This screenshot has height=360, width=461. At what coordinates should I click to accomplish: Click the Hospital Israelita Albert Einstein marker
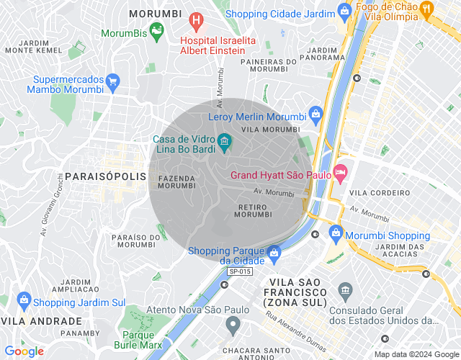pos(194,21)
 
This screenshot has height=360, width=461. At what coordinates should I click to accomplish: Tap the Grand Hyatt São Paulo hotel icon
pos(340,173)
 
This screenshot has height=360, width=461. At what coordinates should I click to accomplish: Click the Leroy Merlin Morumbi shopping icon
pos(315,114)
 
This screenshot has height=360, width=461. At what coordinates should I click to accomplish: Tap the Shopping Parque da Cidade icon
pos(274,252)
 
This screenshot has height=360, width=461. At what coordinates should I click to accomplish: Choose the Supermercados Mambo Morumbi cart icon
pos(112,81)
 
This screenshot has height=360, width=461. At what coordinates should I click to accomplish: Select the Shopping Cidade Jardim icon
pos(345,11)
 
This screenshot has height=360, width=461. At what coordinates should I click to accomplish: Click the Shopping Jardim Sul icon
pos(23,300)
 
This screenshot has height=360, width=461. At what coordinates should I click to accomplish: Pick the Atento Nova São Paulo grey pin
pos(232,325)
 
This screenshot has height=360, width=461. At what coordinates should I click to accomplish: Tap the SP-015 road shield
pos(240,271)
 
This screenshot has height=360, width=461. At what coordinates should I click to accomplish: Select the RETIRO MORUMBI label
pos(253,210)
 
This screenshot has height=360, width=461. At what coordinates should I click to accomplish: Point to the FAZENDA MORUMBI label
pos(176,181)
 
